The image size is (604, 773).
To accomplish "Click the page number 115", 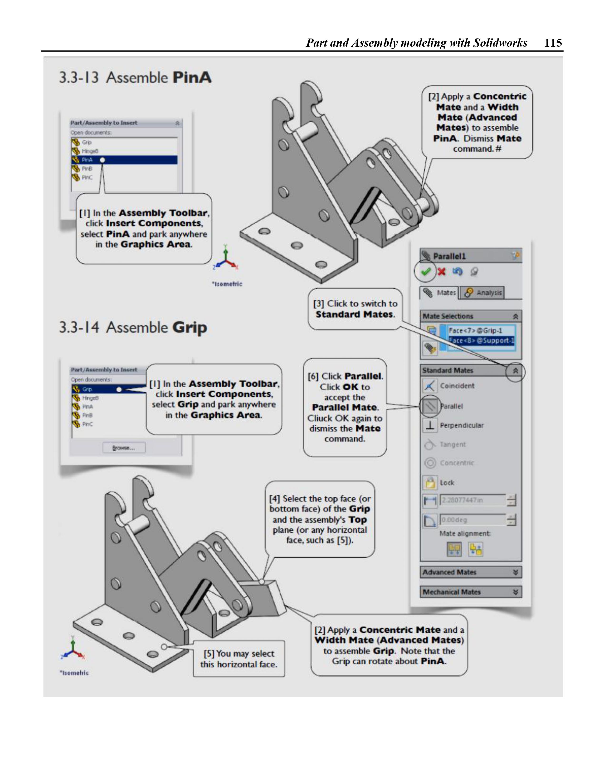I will tap(553, 43).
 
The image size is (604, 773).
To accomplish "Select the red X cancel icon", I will tap(441, 272).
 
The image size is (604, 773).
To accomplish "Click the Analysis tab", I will tap(484, 293).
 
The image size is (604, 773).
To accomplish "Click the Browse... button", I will tap(124, 448).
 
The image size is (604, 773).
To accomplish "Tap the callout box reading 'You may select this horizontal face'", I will tap(239, 659).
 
